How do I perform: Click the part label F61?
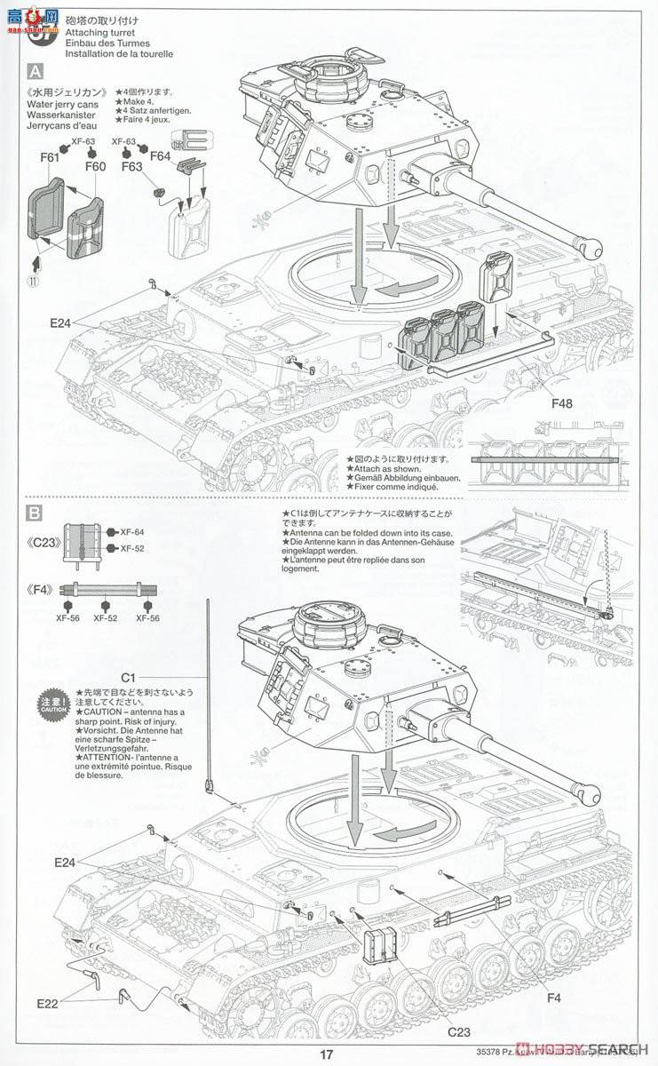pos(49,158)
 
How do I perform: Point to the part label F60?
pos(95,165)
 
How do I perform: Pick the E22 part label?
pos(50,1004)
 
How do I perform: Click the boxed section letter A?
pos(36,71)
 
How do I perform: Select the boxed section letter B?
pos(36,513)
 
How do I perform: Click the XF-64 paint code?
pos(131,532)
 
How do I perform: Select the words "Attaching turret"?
pos(93,32)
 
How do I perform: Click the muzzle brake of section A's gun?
pos(590,243)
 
